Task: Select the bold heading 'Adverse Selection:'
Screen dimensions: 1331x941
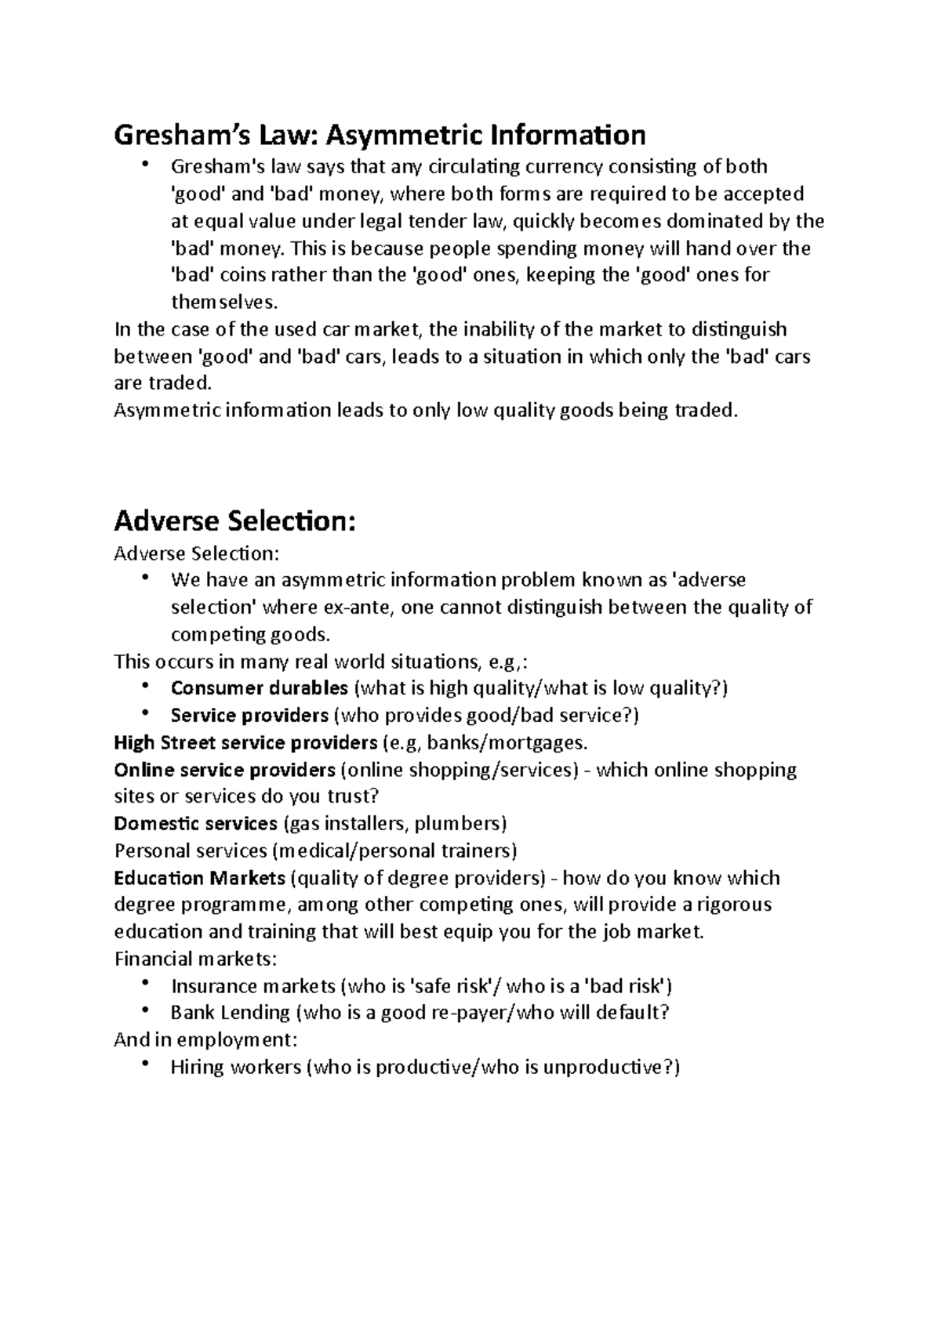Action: (235, 520)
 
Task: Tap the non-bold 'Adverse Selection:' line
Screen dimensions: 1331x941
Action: (196, 554)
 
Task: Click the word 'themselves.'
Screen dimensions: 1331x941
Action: (224, 302)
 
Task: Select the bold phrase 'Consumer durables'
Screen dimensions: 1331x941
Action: (259, 688)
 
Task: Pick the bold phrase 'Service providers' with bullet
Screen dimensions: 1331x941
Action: (249, 716)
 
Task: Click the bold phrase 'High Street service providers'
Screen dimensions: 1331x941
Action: (245, 742)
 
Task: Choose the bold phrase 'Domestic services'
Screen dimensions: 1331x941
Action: (196, 824)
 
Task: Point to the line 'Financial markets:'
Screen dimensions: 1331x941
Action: (196, 959)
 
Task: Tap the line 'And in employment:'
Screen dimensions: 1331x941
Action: (206, 1040)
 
